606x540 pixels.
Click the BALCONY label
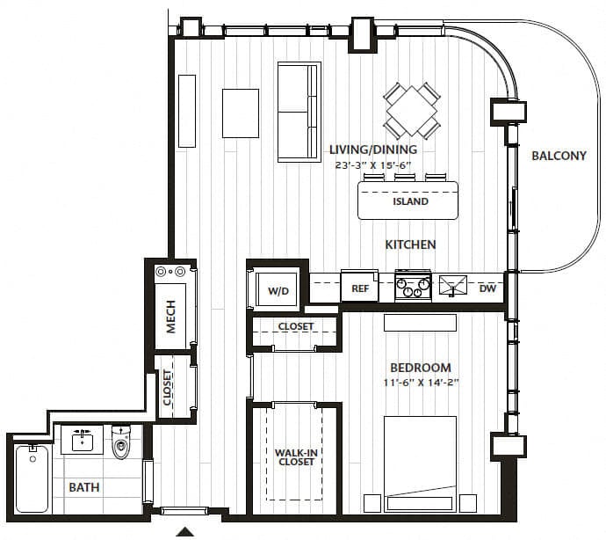tap(559, 156)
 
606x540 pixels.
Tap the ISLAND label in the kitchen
tap(410, 201)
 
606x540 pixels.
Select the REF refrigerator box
tap(359, 286)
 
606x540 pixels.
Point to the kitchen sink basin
tap(453, 286)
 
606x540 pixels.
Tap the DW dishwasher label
tap(487, 288)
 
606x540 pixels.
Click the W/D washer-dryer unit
tap(278, 290)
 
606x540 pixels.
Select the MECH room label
tap(170, 317)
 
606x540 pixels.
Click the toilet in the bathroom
tap(121, 441)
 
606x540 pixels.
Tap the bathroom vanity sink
tap(83, 441)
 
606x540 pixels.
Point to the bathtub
tap(32, 478)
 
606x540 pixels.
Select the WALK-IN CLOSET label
tap(297, 457)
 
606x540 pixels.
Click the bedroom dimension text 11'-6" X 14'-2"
tap(421, 383)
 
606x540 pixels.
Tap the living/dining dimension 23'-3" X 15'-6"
tap(372, 165)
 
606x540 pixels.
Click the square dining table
tap(412, 111)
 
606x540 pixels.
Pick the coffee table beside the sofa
tap(241, 113)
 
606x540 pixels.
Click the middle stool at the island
tap(405, 178)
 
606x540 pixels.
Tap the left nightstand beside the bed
tap(372, 503)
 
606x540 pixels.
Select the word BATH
tap(83, 487)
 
